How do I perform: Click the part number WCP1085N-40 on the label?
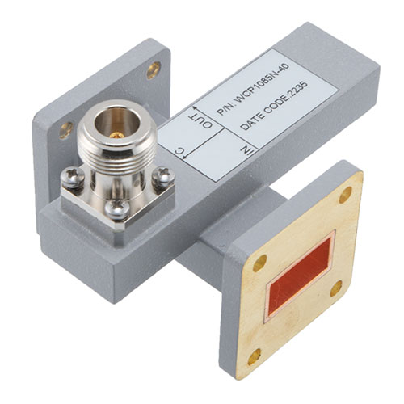point(262,85)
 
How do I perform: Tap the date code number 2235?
point(297,92)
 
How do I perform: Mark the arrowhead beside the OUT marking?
point(195,108)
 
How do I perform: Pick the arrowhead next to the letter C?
point(185,157)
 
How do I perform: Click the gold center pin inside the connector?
point(116,135)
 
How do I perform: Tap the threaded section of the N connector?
point(116,155)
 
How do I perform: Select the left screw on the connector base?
point(73,177)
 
